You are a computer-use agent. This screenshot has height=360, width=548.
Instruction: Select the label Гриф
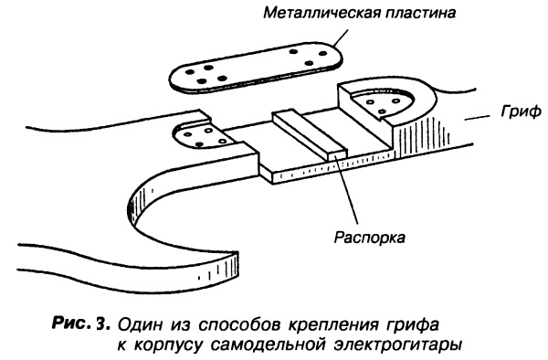[x=521, y=112]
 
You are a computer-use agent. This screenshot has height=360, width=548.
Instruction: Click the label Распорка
[x=370, y=238]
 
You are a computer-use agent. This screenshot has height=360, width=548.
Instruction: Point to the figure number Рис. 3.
[x=82, y=323]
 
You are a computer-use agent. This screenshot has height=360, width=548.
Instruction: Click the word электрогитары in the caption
[x=397, y=345]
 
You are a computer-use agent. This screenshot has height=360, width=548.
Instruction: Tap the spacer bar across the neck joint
[x=311, y=135]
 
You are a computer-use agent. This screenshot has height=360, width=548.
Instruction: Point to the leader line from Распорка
[x=346, y=189]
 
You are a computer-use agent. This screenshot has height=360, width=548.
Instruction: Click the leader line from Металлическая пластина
[x=341, y=37]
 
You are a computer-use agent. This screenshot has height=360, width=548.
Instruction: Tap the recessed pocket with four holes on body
[x=204, y=137]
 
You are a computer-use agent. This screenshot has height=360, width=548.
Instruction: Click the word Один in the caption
[x=140, y=324]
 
